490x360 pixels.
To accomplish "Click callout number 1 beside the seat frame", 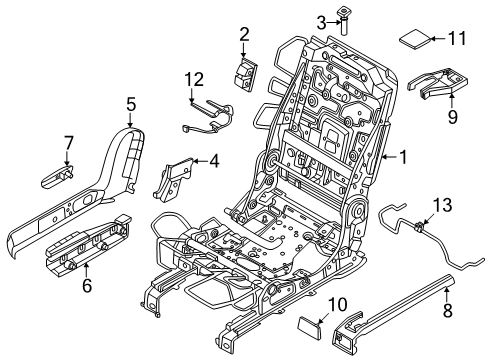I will (403, 156).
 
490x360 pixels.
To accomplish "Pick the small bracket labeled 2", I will (245, 73).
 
